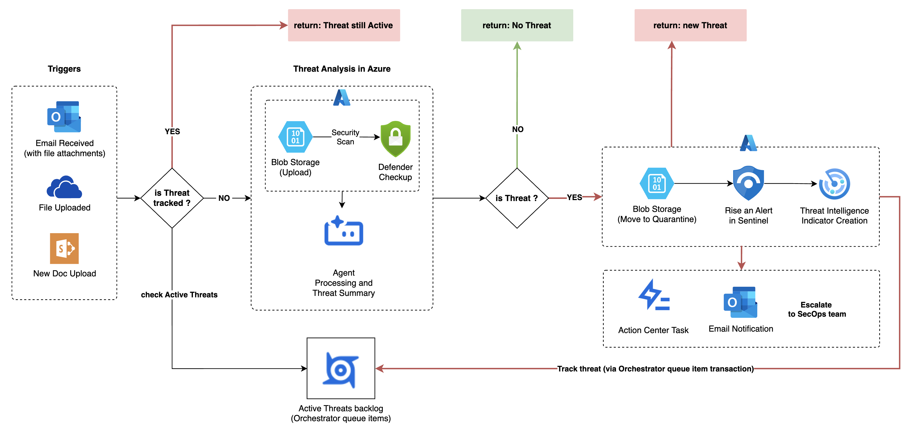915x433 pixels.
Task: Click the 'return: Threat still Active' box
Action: coord(343,25)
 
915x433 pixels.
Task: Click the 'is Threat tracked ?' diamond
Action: coord(172,198)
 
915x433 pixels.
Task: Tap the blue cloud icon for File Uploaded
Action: coord(64,187)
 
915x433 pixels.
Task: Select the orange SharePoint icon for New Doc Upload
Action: coord(64,248)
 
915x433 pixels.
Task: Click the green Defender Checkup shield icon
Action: coord(395,139)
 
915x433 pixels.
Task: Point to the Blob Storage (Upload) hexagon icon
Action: coord(295,137)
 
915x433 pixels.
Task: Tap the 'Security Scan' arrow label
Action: coord(345,137)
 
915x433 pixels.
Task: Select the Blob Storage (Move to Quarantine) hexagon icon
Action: coord(656,183)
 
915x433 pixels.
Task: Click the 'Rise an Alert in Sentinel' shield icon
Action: coord(748,183)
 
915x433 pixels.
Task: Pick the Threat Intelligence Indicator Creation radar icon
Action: coord(834,184)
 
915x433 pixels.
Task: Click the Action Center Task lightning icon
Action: coord(654,295)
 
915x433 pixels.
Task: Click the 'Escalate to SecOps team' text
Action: coord(817,309)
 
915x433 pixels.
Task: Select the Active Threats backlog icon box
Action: coord(341,368)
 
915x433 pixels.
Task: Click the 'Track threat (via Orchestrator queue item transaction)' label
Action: coord(655,369)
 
